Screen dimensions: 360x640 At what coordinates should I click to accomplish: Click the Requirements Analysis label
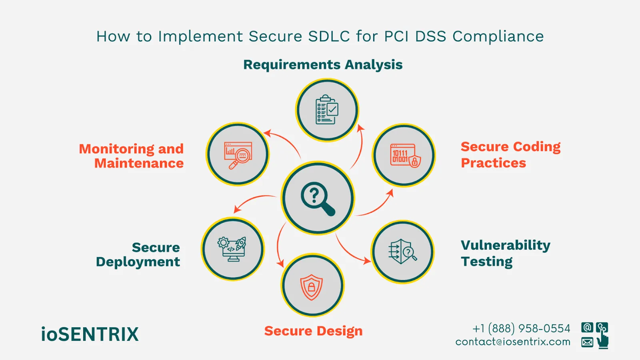pos(323,64)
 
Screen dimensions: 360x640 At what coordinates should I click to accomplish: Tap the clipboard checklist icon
pos(327,110)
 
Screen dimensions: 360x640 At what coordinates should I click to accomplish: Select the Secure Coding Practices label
pos(510,155)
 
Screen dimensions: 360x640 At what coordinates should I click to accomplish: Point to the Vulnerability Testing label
pos(505,253)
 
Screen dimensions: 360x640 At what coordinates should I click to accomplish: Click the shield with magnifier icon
pos(402,252)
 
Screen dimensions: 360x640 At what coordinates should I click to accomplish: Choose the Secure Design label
pos(313,331)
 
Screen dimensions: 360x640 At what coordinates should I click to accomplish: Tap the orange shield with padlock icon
pos(312,286)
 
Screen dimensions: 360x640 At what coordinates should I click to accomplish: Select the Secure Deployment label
pos(138,254)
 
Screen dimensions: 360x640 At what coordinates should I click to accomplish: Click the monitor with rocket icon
pos(232,249)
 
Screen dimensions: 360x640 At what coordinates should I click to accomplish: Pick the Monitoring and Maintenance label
pos(131,156)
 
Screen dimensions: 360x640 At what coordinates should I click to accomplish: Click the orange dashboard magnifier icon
pos(238,155)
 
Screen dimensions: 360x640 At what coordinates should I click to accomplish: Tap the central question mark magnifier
pos(318,198)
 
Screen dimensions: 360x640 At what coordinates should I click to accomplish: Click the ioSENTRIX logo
pos(90,334)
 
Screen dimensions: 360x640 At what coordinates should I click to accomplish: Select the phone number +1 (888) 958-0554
pos(521,328)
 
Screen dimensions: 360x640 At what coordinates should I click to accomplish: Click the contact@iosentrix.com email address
pos(513,342)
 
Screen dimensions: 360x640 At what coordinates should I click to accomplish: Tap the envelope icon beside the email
pos(587,342)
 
